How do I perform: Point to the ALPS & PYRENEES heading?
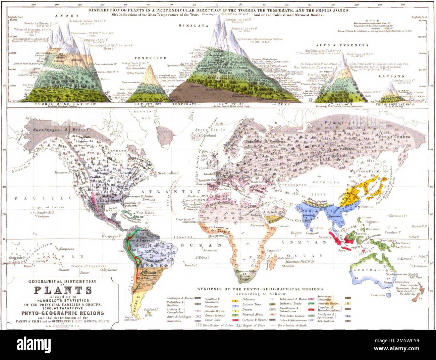[x=342, y=45]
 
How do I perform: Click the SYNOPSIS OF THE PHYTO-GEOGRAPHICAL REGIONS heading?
[x=260, y=289]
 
